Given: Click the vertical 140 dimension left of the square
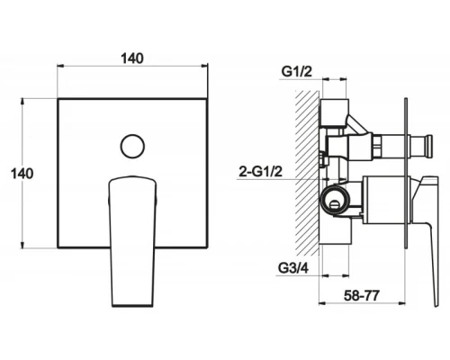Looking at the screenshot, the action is pos(22,174).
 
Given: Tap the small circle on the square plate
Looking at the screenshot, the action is pos(132,146).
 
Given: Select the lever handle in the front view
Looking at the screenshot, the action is pos(132,241).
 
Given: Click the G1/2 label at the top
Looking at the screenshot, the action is pos(297,72).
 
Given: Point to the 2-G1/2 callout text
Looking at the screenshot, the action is pos(261,172).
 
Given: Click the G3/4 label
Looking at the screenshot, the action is pos(293,268).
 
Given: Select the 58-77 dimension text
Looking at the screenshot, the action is pos(362,296).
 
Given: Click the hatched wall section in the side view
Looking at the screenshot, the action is pos(307,173).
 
